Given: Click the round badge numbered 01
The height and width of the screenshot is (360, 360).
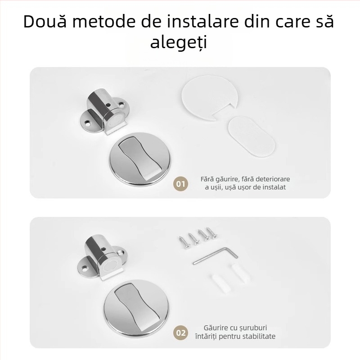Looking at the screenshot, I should pos(180,184).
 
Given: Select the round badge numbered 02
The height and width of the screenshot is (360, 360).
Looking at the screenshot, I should pos(180,333).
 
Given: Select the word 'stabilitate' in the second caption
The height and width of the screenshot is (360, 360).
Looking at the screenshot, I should pos(258,336).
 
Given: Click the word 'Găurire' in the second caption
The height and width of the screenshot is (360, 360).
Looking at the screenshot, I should pos(217,328).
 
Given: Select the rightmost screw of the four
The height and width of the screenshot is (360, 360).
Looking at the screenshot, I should pos(210,232).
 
